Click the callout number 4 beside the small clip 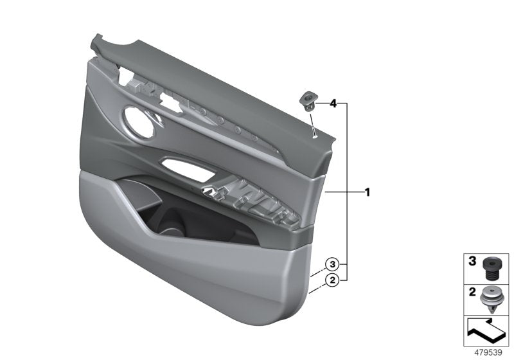point(333,103)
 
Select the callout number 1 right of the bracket point(367,192)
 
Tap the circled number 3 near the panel point(332,264)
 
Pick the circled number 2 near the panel point(332,280)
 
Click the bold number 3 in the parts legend point(472,262)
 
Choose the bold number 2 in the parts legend point(472,293)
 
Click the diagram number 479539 point(490,353)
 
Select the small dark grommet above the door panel point(307,99)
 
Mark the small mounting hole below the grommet point(314,134)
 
